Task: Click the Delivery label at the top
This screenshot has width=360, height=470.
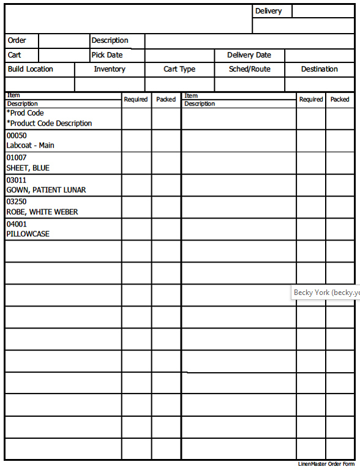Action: point(268,11)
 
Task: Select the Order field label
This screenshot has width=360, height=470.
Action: point(17,40)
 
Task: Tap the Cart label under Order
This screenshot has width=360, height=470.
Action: point(14,55)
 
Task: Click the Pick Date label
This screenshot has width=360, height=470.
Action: point(107,55)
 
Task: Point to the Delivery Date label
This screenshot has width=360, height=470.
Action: point(249,55)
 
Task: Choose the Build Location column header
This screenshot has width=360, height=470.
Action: point(31,69)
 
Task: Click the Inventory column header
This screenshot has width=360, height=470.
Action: point(110,69)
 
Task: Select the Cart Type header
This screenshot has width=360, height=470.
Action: point(179,69)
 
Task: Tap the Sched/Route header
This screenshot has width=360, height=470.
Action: point(249,69)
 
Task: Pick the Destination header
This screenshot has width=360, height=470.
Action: point(319,69)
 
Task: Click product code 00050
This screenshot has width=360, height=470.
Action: point(17,136)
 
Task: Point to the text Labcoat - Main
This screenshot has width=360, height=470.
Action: point(30,146)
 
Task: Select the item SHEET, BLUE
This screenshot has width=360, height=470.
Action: point(28,168)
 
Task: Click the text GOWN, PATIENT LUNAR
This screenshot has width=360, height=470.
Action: point(46,190)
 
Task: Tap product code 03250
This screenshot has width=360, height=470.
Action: point(17,202)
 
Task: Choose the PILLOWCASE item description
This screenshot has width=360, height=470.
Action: point(28,234)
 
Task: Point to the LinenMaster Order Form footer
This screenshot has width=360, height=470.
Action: point(326,464)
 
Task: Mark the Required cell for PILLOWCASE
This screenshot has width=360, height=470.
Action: point(137,229)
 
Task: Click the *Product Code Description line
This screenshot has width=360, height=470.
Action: point(49,123)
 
